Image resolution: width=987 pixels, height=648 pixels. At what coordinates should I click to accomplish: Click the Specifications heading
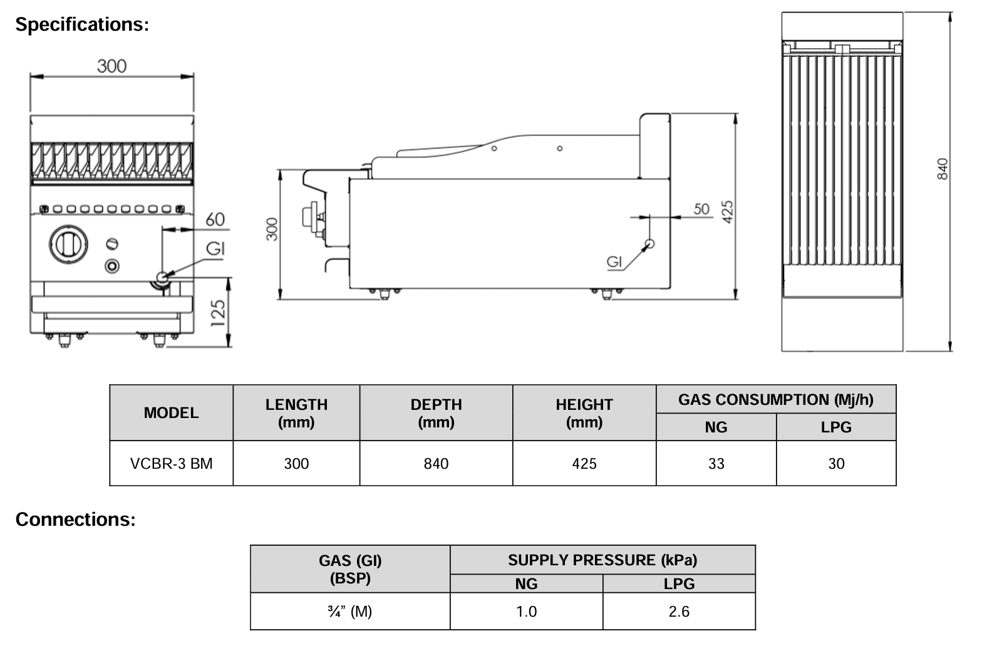(82, 24)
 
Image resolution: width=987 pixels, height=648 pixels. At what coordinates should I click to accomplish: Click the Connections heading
(75, 520)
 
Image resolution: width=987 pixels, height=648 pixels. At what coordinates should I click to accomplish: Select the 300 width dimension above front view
(111, 66)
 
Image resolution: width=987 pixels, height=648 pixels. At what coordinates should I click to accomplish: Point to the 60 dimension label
(215, 219)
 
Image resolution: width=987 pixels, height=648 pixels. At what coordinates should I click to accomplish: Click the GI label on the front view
(215, 249)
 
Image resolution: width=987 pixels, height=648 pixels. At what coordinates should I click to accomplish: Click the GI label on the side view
(615, 262)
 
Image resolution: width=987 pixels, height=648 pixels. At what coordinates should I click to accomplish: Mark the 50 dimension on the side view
(701, 209)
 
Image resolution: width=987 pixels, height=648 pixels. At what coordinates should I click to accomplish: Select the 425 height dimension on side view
(727, 212)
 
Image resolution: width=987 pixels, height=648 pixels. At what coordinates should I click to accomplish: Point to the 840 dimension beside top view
(943, 168)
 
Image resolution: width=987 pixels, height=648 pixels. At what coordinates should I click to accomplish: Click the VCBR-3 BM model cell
(171, 464)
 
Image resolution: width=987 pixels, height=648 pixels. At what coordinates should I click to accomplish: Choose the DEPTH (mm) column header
(436, 413)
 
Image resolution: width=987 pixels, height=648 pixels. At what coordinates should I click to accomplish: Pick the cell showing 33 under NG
(716, 464)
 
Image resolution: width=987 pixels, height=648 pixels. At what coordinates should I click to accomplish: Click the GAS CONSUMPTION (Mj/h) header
(775, 400)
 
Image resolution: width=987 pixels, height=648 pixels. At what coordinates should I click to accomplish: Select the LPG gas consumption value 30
(836, 464)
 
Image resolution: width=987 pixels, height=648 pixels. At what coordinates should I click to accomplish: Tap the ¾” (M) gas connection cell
(349, 612)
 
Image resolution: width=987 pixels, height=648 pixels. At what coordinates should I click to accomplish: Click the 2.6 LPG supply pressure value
(679, 612)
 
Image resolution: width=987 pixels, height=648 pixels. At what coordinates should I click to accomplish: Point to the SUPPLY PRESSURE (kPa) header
(602, 560)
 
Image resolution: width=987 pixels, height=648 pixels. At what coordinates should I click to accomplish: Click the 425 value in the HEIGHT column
(584, 464)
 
